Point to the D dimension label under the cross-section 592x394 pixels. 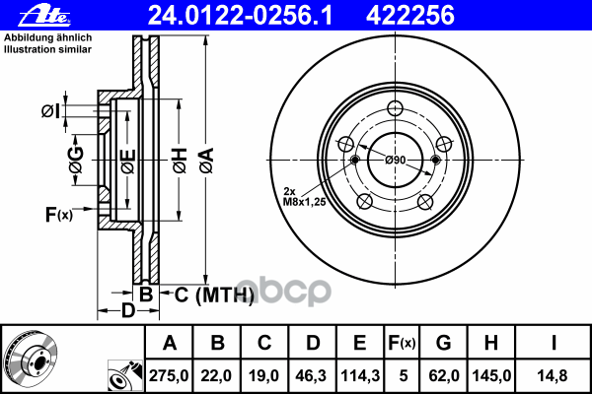click(128, 312)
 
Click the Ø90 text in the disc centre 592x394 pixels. click(396, 161)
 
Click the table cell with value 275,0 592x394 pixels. click(169, 374)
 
